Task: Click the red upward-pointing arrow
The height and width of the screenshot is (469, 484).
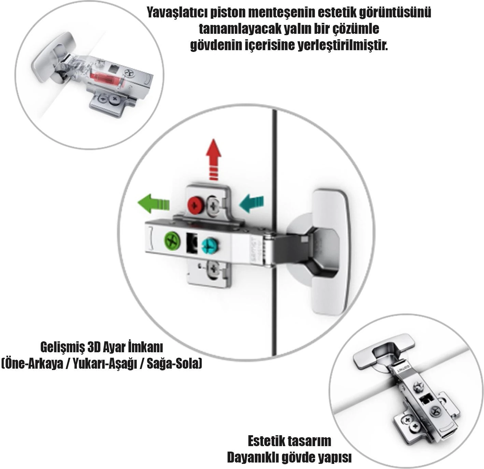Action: pos(213,159)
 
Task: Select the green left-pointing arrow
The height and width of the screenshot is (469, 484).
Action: pos(153,204)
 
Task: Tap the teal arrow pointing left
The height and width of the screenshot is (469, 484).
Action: pos(251,204)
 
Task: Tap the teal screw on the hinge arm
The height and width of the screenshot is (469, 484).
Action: pos(210,246)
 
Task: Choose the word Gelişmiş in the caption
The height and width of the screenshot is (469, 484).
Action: pos(62,347)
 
